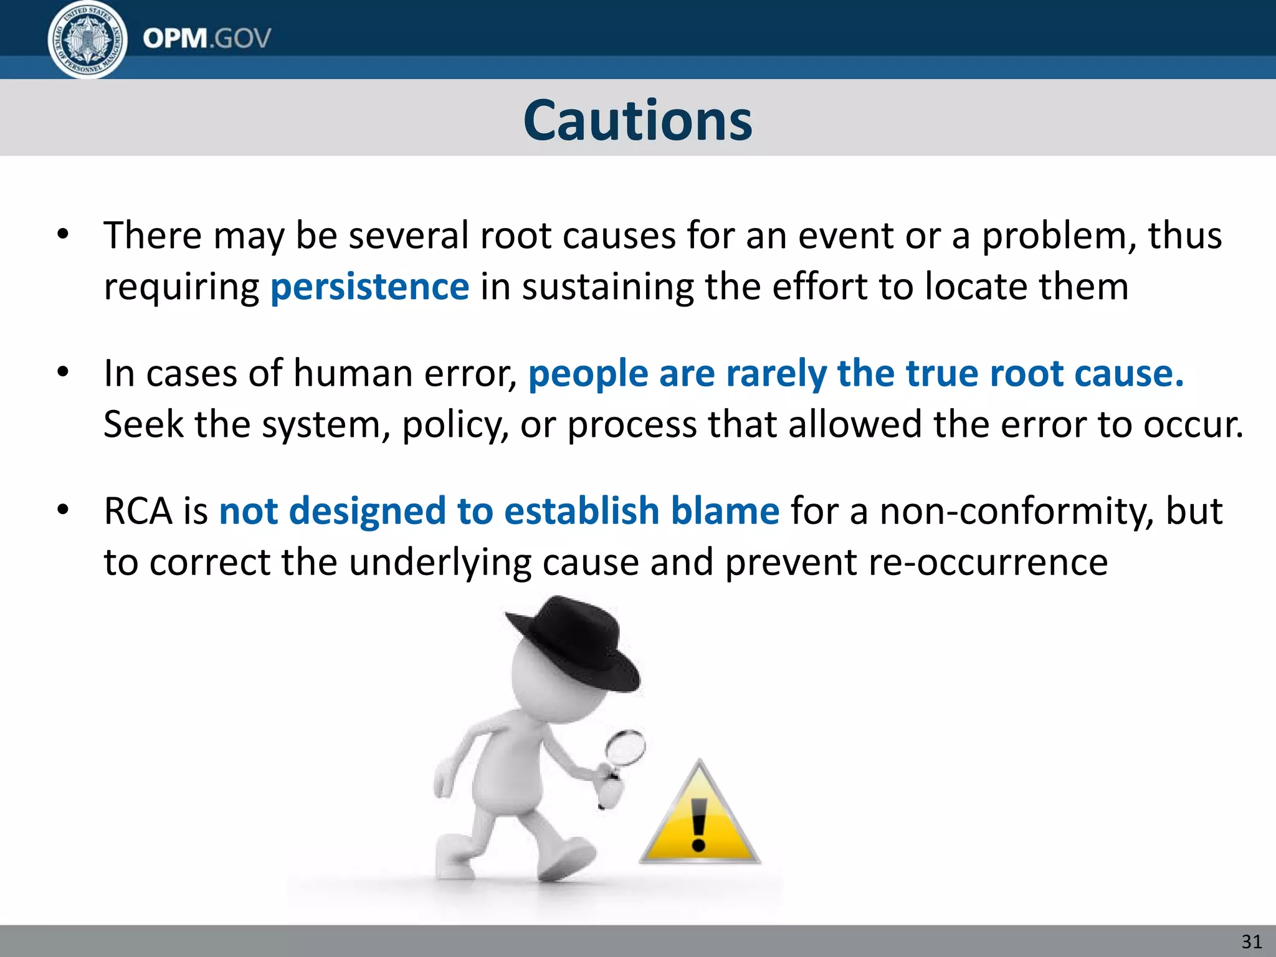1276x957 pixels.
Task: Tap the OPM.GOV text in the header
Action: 207,39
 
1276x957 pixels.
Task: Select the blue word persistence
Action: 369,287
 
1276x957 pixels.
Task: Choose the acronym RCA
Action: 138,512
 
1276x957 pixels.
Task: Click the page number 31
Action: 1252,941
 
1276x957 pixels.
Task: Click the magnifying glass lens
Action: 626,747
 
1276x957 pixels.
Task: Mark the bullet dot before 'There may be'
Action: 63,236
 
